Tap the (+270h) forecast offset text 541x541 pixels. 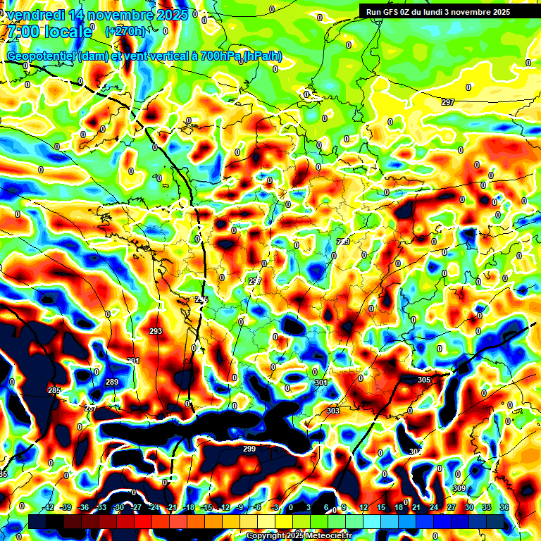pos(125,31)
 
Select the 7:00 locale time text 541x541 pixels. pos(49,32)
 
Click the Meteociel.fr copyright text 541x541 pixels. pos(299,536)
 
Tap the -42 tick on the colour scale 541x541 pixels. pos(49,507)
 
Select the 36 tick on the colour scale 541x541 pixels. pos(504,507)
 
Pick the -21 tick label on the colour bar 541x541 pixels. pos(170,507)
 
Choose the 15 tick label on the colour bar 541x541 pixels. pos(381,507)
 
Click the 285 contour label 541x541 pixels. pos(54,390)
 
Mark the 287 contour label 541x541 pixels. pos(90,409)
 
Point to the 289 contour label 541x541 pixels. pos(112,382)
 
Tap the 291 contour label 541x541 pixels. pos(132,361)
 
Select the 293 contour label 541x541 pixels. pos(156,331)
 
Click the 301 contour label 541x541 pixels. pos(321,383)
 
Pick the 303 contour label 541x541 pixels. pos(333,411)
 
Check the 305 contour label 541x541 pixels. pos(423,380)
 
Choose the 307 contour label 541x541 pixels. pos(415,452)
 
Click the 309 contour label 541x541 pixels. pos(459,488)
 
